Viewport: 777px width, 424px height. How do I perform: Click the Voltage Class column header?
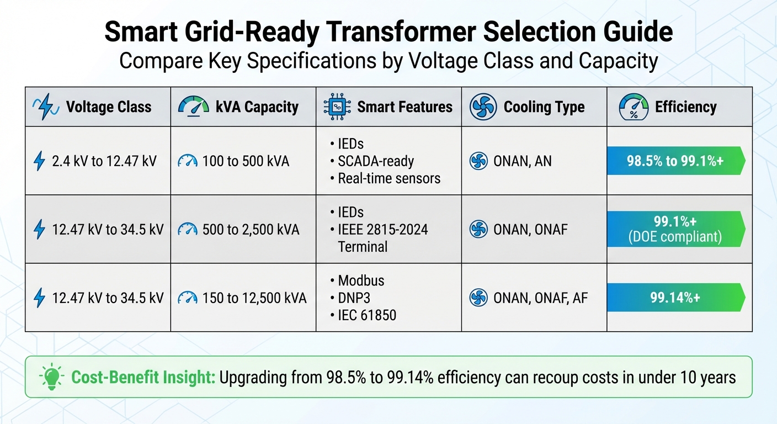[x=109, y=107]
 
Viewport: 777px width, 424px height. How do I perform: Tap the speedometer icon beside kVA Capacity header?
[x=193, y=107]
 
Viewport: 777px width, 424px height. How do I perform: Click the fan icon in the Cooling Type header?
[x=483, y=107]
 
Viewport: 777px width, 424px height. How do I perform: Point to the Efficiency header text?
[x=685, y=107]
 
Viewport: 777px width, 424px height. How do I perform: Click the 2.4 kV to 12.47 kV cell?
[x=104, y=161]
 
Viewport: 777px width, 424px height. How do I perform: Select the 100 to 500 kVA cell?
[x=246, y=161]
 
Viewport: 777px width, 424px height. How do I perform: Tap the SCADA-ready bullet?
[x=375, y=161]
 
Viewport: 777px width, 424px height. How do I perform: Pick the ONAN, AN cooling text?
[x=522, y=161]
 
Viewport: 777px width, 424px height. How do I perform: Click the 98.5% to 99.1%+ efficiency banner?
[x=675, y=161]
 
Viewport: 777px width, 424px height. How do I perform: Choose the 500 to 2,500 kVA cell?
[x=251, y=230]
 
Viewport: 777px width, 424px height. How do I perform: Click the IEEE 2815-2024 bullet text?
[x=382, y=230]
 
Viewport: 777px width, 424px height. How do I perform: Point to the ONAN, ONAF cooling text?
[x=530, y=230]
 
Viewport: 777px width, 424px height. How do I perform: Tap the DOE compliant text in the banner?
[x=675, y=238]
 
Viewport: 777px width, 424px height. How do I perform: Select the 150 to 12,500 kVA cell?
[x=254, y=298]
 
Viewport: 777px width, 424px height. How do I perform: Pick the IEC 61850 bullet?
[x=366, y=315]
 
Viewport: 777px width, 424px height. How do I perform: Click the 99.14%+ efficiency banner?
[x=675, y=298]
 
